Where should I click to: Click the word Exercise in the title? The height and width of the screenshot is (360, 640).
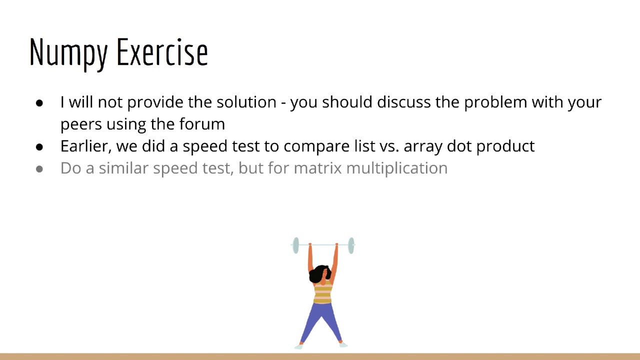point(162,52)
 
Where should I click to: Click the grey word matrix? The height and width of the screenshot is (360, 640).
point(318,168)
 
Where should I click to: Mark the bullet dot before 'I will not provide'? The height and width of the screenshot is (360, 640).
point(40,103)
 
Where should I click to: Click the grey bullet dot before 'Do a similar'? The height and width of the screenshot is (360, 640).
point(40,169)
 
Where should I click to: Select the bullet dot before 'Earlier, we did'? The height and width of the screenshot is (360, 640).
point(40,147)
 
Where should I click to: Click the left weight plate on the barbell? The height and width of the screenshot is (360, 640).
point(296,245)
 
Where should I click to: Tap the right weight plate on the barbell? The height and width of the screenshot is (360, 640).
point(351,245)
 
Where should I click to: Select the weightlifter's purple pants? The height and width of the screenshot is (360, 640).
point(321,320)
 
